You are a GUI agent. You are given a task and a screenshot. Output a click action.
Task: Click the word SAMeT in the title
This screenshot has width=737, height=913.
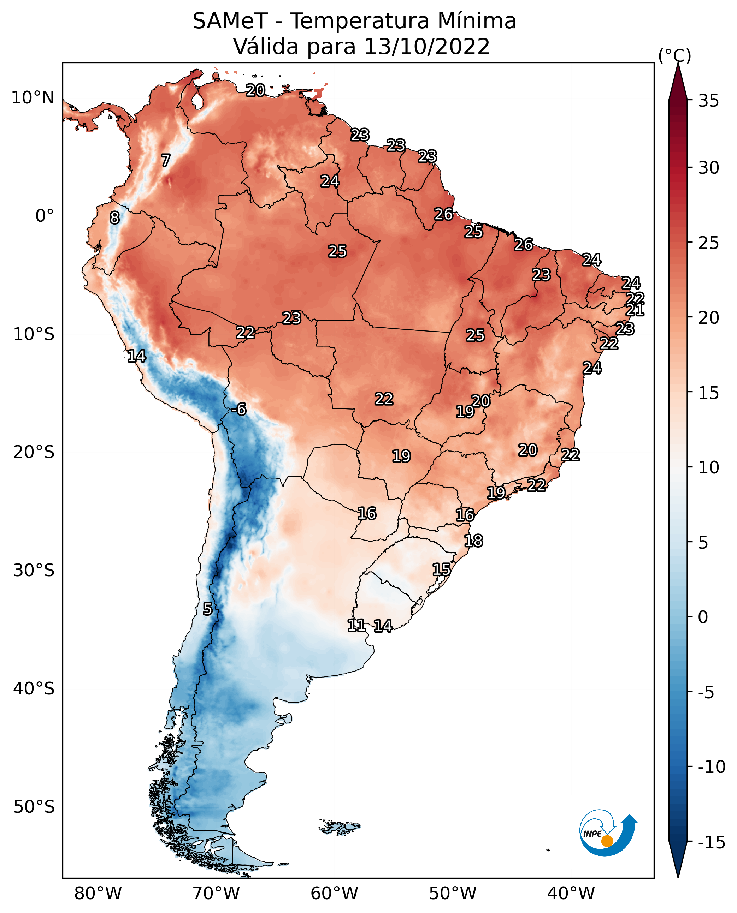[230, 21]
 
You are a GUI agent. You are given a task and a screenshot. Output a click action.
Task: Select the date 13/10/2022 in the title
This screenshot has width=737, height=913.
[427, 47]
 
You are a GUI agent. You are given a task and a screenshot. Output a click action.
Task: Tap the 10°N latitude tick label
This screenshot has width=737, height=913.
[33, 98]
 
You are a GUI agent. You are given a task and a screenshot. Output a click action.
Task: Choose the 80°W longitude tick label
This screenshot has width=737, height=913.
[98, 894]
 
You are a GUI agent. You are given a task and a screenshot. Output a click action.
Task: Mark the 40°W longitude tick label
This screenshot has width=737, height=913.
[571, 894]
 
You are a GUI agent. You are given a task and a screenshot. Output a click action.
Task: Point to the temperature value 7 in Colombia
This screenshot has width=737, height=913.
[166, 160]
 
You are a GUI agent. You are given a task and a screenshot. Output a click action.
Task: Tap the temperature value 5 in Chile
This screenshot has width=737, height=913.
[207, 609]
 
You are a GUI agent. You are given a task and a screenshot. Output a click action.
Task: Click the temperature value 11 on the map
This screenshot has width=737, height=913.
[356, 625]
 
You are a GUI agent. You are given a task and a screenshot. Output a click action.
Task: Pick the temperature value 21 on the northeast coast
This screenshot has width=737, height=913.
[635, 310]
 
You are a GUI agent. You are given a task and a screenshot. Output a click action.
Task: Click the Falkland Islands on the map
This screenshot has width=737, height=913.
[340, 827]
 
